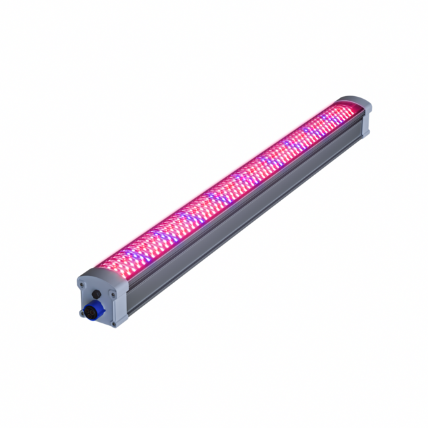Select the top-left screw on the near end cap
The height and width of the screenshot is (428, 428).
81,284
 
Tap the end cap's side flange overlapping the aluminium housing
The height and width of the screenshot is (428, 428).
122,303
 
